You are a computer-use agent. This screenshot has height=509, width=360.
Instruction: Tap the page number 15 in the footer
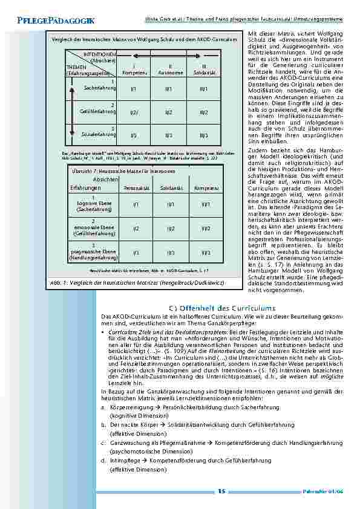221,491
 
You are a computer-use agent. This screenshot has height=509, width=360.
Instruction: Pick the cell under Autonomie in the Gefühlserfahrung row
170,112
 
